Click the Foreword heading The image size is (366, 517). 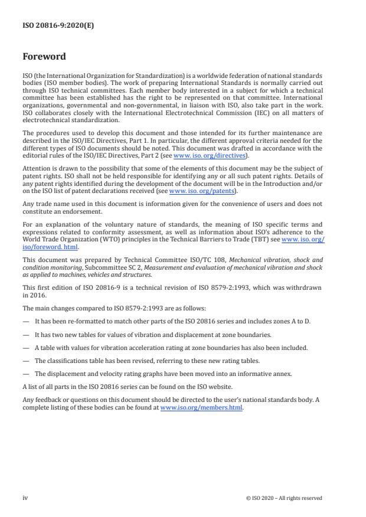click(x=44, y=57)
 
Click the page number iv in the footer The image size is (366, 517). click(x=25, y=498)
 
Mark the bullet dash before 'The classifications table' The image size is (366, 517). click(x=25, y=359)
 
